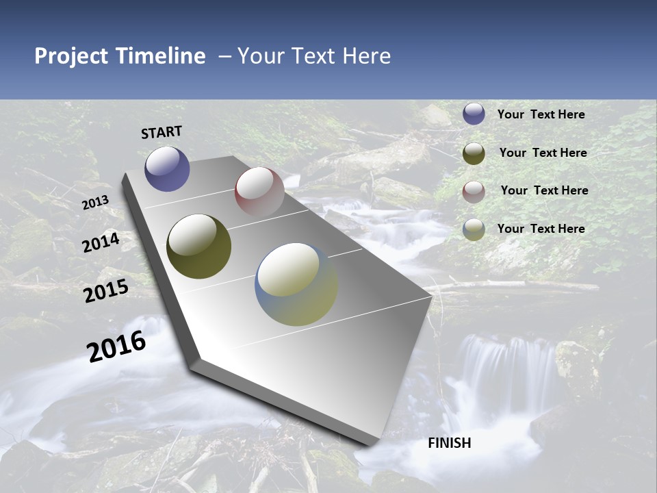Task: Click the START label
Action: pyautogui.click(x=162, y=132)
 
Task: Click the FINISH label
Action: pyautogui.click(x=449, y=443)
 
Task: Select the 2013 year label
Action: pyautogui.click(x=95, y=203)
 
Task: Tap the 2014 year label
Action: pyautogui.click(x=101, y=242)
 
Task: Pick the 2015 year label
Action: pyautogui.click(x=106, y=291)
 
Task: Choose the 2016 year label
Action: pyautogui.click(x=116, y=346)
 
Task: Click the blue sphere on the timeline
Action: pyautogui.click(x=167, y=168)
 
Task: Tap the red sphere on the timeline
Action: pyautogui.click(x=259, y=192)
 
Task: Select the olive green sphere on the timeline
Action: pyautogui.click(x=198, y=246)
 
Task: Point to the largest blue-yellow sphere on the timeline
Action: pyautogui.click(x=296, y=283)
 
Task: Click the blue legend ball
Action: pyautogui.click(x=474, y=114)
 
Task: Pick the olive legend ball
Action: pyautogui.click(x=474, y=153)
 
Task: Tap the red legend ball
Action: pyautogui.click(x=474, y=191)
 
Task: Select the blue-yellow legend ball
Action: pyautogui.click(x=474, y=229)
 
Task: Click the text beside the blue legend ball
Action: pyautogui.click(x=541, y=114)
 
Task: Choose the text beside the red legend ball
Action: pyautogui.click(x=544, y=190)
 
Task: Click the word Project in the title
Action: pyautogui.click(x=71, y=56)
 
